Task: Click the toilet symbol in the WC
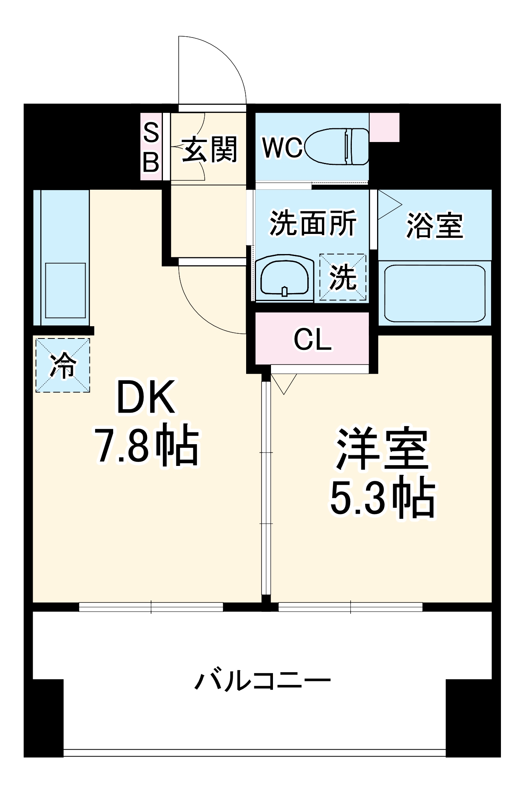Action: point(337,146)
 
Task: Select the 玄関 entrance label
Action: point(209,149)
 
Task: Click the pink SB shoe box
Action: point(151,147)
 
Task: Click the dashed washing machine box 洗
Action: point(343,277)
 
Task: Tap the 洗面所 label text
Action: point(313,223)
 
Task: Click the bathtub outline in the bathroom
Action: point(435,294)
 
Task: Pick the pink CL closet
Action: point(312,339)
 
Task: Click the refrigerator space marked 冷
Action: point(63,365)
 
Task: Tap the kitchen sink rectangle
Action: point(65,290)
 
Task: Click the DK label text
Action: point(146,398)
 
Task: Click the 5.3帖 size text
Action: point(382,498)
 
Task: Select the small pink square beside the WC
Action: point(384,127)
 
